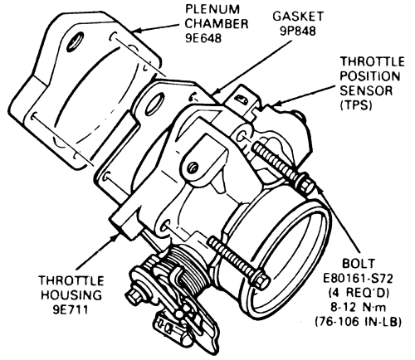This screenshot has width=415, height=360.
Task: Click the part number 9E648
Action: (203, 38)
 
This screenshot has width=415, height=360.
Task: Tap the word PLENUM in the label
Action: (212, 9)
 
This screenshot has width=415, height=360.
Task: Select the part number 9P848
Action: (298, 31)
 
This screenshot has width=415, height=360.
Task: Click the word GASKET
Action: (298, 17)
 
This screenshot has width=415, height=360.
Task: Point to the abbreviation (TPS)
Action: (355, 105)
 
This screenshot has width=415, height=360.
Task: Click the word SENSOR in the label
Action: (366, 90)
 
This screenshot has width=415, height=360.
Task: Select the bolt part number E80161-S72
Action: (359, 279)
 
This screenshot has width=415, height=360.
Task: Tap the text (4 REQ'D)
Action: (359, 293)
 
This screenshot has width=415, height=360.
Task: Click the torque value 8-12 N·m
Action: (359, 308)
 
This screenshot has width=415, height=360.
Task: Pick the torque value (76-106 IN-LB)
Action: (359, 322)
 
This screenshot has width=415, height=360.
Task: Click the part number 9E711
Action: (71, 309)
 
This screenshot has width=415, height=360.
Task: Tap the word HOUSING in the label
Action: (71, 295)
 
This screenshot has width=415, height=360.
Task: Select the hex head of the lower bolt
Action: (260, 279)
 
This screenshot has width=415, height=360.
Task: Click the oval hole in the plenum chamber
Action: (75, 41)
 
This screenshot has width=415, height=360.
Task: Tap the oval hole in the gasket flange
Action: (154, 105)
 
